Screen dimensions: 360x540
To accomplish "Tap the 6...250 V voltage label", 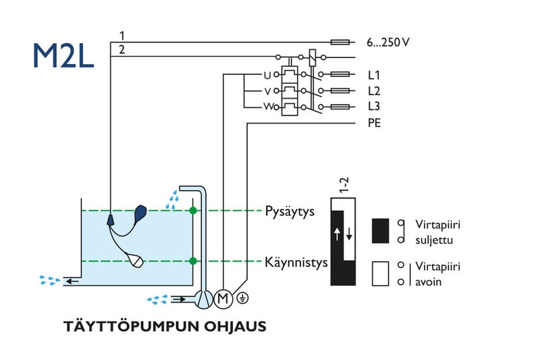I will tap(388, 42).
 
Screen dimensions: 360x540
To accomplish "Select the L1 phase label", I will tap(374, 75).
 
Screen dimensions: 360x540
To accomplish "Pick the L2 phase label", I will tap(374, 91).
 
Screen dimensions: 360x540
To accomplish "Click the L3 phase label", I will tap(374, 107).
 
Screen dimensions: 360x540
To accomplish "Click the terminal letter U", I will tap(267, 75).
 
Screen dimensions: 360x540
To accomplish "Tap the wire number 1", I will tap(122, 35).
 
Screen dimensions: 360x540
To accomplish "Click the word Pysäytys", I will tap(290, 211).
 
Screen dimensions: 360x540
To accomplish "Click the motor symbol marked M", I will tap(223, 297).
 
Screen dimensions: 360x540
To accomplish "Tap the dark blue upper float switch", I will tap(142, 214).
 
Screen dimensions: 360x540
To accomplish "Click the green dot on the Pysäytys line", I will tap(194, 211).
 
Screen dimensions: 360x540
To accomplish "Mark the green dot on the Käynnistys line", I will tap(194, 261).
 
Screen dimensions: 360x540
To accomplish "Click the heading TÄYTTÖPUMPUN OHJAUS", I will tap(165, 327).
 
